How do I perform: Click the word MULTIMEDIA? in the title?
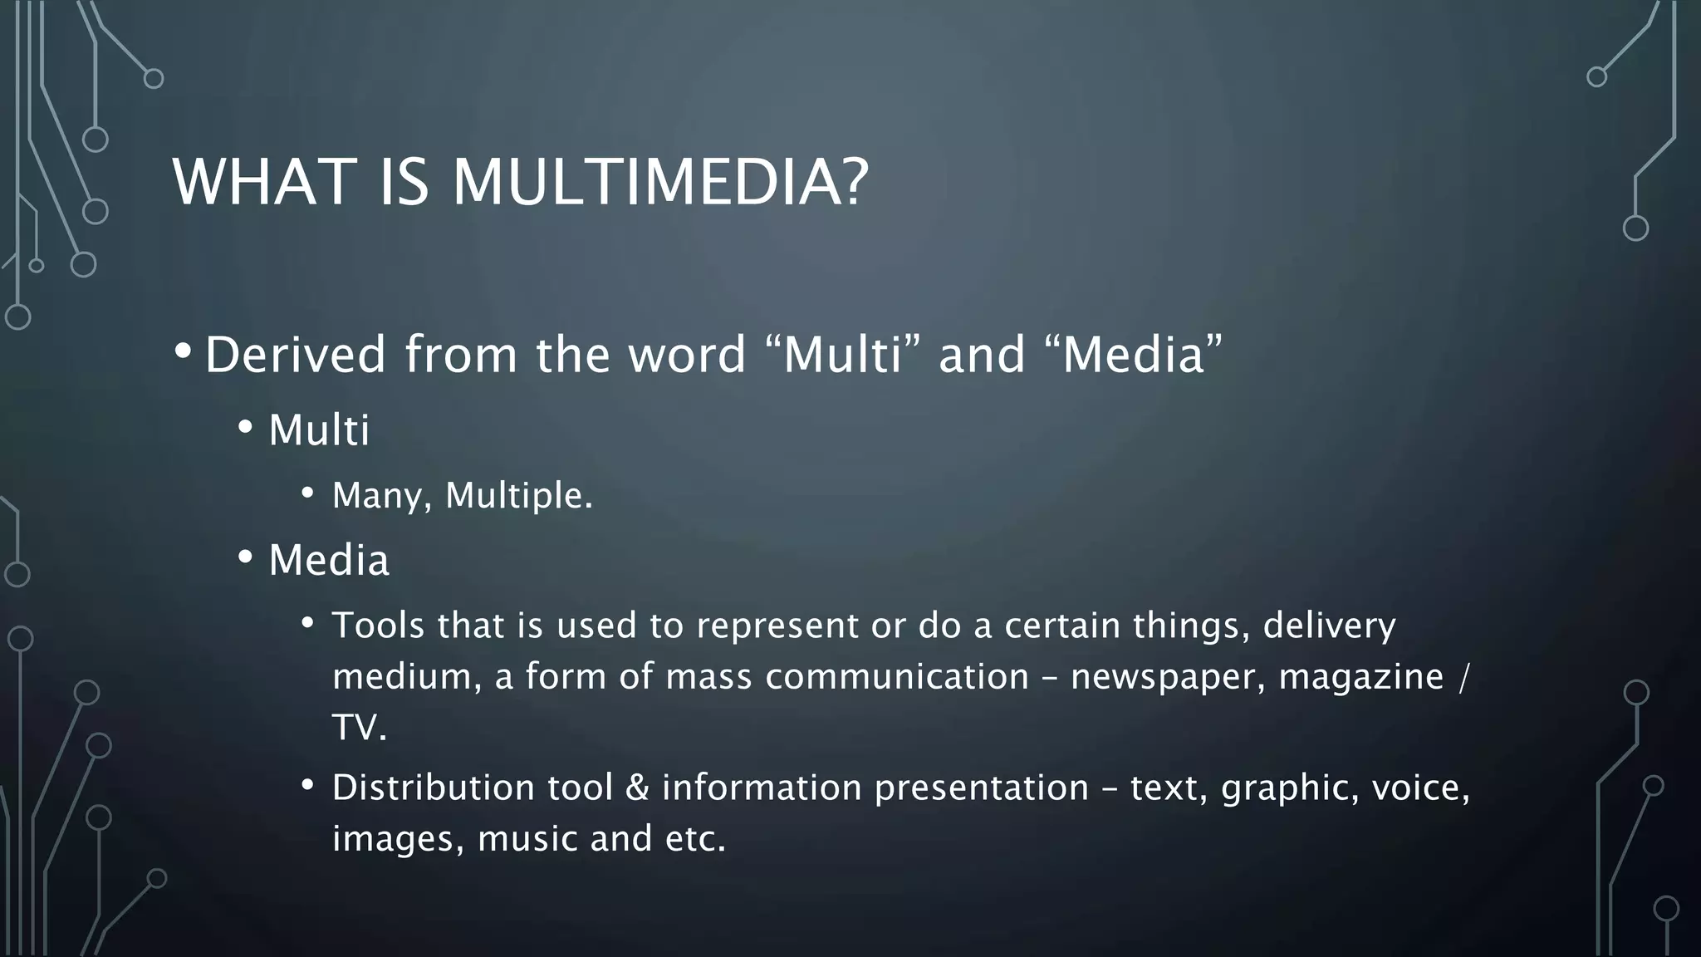[660, 182]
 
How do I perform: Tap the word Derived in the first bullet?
[296, 355]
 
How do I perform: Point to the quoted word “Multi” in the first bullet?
[841, 355]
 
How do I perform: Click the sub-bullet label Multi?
[319, 431]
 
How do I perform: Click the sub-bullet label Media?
[329, 561]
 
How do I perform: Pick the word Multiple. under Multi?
[519, 496]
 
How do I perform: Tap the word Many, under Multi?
[382, 496]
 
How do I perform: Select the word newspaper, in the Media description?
[1169, 677]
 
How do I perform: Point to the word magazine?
[1360, 677]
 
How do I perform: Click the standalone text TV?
[360, 729]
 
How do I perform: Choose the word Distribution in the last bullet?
[434, 788]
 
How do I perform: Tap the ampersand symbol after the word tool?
[637, 788]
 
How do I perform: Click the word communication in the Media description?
[897, 677]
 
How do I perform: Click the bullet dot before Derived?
[183, 352]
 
